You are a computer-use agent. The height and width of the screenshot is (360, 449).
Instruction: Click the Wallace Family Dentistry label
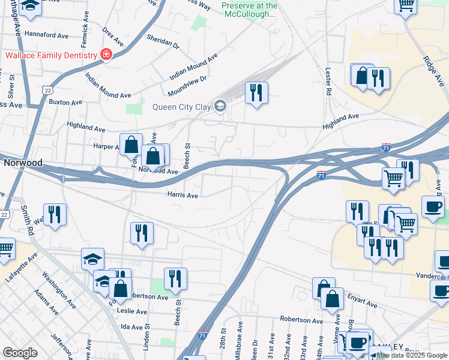pyautogui.click(x=52, y=56)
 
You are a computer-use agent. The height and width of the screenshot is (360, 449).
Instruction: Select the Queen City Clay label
pyautogui.click(x=182, y=107)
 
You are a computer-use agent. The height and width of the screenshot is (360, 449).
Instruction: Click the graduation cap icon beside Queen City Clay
pyautogui.click(x=220, y=107)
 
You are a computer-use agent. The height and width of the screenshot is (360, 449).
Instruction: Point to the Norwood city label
pyautogui.click(x=23, y=163)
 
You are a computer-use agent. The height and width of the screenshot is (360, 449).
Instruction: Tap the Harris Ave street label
pyautogui.click(x=182, y=196)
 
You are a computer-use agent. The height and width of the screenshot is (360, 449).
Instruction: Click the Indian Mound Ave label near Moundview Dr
pyautogui.click(x=193, y=68)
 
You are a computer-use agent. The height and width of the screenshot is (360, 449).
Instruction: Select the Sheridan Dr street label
pyautogui.click(x=163, y=41)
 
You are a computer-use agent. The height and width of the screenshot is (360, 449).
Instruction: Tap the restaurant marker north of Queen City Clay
pyautogui.click(x=256, y=93)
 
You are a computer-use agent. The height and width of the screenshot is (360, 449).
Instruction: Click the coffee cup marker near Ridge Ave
pyautogui.click(x=433, y=208)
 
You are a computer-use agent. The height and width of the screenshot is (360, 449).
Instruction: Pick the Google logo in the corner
pyautogui.click(x=20, y=353)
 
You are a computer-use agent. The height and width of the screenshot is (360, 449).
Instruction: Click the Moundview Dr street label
pyautogui.click(x=187, y=85)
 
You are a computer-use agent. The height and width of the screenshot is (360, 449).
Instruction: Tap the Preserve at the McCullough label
pyautogui.click(x=250, y=10)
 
